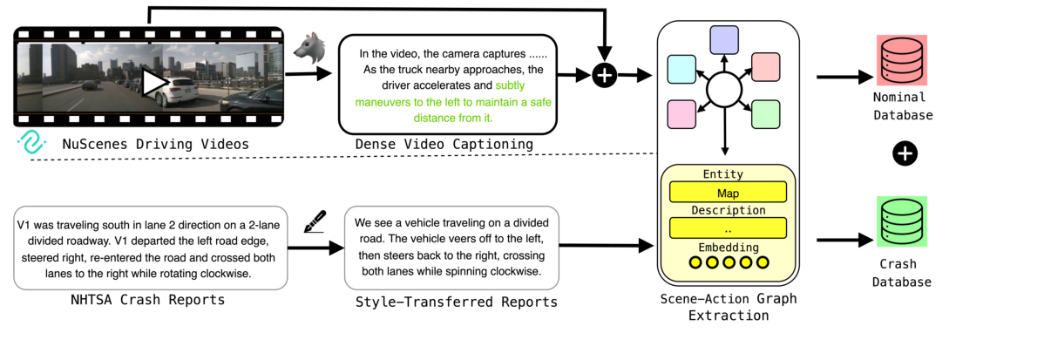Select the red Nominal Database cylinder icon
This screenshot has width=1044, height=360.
click(x=902, y=60)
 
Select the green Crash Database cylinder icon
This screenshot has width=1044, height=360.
click(x=902, y=222)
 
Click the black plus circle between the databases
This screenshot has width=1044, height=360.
click(x=905, y=154)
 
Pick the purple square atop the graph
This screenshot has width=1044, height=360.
click(x=724, y=39)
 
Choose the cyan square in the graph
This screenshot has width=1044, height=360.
click(x=681, y=68)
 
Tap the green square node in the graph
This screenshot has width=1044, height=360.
click(x=765, y=114)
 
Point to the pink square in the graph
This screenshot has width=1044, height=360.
click(x=681, y=114)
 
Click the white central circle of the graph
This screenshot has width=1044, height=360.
click(x=723, y=89)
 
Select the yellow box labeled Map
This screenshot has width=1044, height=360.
click(x=727, y=193)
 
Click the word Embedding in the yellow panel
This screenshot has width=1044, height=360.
click(x=728, y=247)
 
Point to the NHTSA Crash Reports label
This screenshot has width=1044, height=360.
click(x=147, y=301)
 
